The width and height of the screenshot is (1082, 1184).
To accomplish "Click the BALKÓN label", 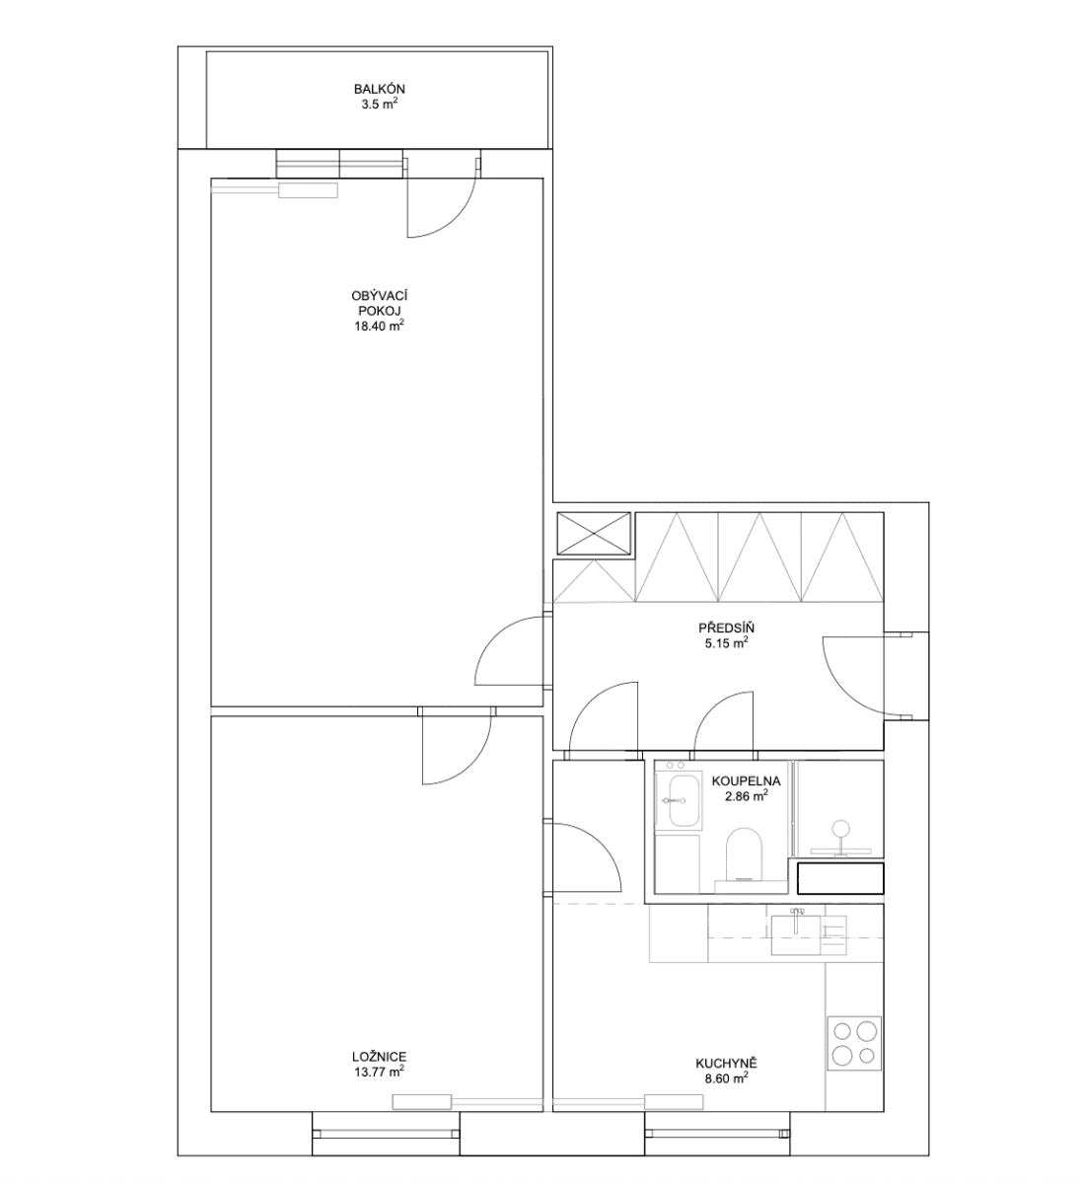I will (x=379, y=89).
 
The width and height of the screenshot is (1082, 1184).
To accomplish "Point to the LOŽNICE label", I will (x=379, y=1055).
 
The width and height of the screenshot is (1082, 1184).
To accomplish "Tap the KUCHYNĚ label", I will (x=725, y=1064).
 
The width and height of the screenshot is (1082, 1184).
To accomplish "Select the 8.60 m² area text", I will (x=725, y=1079).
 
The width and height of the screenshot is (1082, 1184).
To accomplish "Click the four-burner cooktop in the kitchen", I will (x=854, y=1043).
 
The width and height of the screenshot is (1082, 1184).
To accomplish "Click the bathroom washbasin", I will (x=680, y=799).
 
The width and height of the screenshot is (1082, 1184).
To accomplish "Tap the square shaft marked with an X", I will (x=593, y=534).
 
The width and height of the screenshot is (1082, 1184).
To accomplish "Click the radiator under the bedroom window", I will (x=423, y=1102).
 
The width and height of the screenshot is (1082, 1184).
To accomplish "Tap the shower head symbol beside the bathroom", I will (x=841, y=832).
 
